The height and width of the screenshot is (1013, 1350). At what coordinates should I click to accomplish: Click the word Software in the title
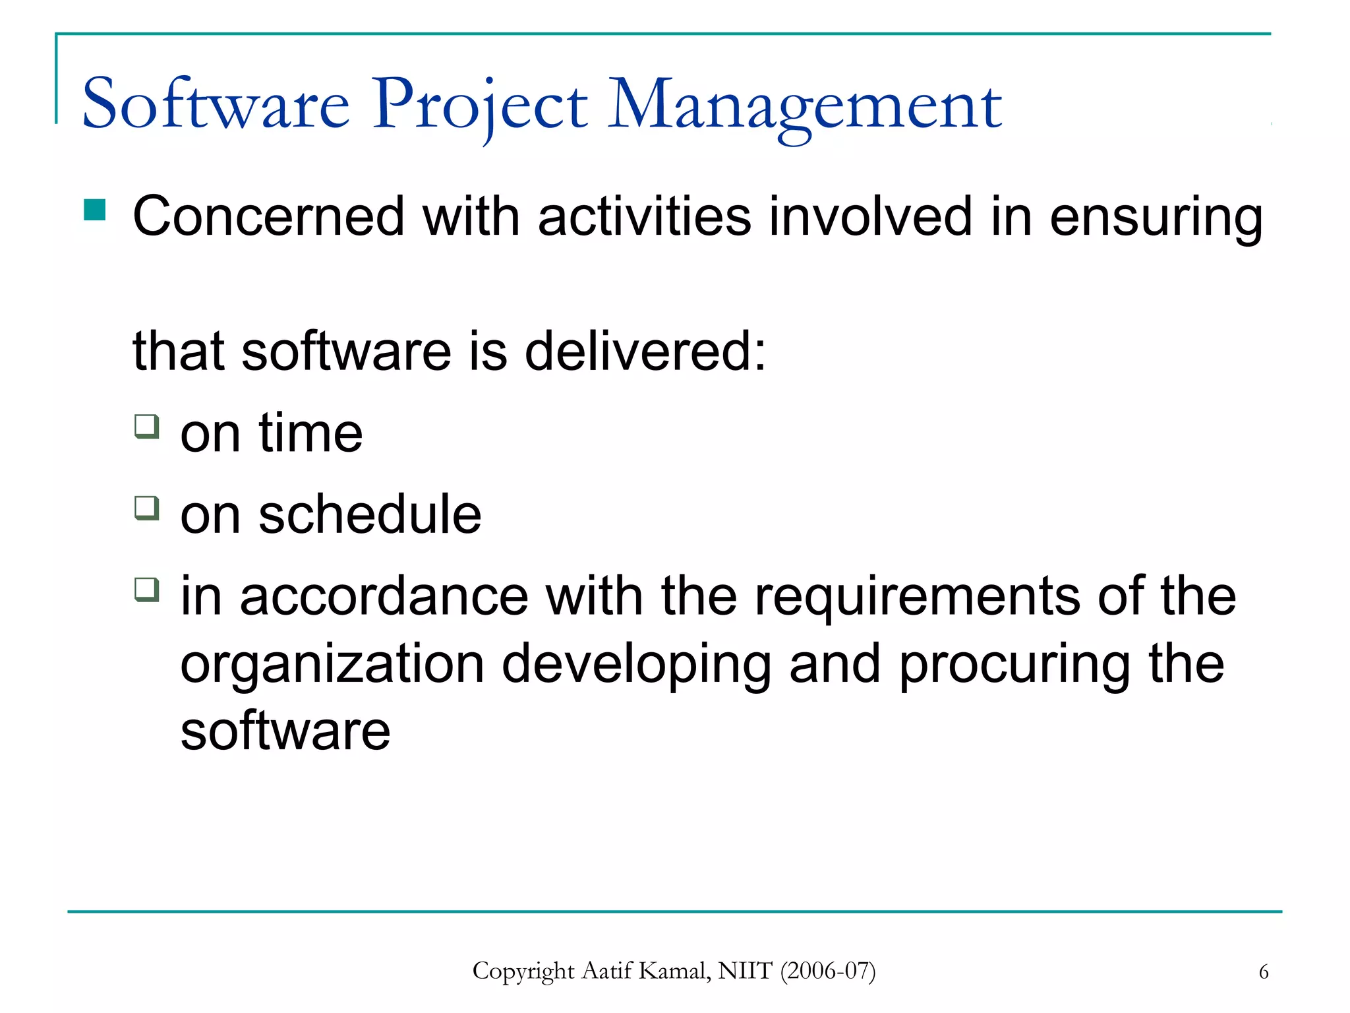pos(216,104)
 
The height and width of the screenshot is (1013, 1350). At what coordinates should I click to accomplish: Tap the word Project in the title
pos(480,106)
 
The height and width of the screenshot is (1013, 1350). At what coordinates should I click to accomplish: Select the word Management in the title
pos(804,106)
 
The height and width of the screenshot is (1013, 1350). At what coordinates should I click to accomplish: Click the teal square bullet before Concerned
pos(95,210)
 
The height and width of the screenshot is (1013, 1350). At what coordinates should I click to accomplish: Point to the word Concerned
pos(268,216)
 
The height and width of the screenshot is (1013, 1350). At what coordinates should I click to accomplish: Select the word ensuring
pos(1156,218)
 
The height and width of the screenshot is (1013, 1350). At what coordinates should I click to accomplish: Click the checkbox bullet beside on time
pos(147,426)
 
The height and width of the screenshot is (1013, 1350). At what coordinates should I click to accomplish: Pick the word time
pos(310,433)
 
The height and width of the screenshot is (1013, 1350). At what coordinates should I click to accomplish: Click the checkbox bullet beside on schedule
pos(147,508)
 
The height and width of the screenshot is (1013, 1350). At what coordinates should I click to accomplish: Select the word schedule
pos(370,514)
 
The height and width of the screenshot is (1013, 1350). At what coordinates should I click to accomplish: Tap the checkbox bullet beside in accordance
pos(147,589)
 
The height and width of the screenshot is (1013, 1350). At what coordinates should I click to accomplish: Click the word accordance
pos(384,596)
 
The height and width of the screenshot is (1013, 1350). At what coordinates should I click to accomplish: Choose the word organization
pos(332,665)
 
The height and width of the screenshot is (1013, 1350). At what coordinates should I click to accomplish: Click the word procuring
pos(1014,665)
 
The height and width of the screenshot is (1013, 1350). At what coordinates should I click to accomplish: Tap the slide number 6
pos(1263,972)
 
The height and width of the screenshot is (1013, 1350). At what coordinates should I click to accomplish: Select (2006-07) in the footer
pos(827,971)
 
